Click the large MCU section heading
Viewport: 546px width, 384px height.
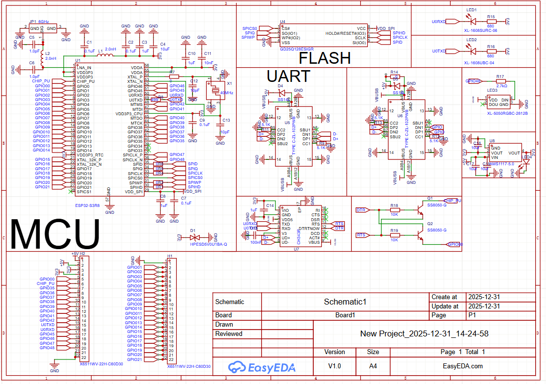(55, 234)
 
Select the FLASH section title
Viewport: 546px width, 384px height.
(325, 58)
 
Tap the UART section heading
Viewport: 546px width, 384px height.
(288, 76)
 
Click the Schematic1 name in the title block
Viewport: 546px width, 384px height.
(345, 302)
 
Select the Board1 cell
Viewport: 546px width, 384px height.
(345, 315)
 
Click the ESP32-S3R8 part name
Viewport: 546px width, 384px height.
(87, 206)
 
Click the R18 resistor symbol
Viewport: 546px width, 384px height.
(394, 210)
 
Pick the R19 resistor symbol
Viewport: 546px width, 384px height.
(394, 235)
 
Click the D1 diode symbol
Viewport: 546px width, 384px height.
(193, 237)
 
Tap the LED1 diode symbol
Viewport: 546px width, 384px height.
(472, 22)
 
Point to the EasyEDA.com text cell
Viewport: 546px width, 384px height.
(463, 366)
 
